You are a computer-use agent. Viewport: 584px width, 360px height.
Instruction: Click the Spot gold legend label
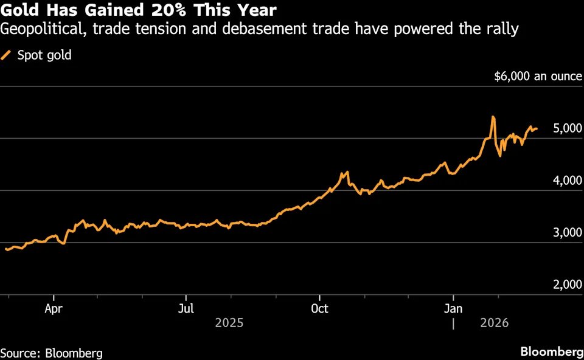(44, 55)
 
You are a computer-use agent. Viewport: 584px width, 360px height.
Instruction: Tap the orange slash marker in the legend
(7, 55)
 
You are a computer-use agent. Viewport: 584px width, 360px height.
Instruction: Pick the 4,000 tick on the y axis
(560, 181)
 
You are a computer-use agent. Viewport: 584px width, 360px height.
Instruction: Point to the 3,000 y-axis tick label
(560, 233)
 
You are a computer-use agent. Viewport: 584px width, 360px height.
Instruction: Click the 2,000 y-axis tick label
(560, 285)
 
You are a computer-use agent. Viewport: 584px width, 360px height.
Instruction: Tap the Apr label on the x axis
(54, 308)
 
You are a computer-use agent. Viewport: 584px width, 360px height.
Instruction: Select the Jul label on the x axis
(186, 308)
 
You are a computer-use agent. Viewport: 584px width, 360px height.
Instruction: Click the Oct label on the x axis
(319, 308)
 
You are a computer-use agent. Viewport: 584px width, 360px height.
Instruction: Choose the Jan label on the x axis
(453, 308)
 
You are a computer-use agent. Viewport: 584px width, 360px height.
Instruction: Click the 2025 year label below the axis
(229, 322)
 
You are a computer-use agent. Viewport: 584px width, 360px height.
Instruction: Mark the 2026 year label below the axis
(495, 322)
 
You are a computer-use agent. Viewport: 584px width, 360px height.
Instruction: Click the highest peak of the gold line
(492, 117)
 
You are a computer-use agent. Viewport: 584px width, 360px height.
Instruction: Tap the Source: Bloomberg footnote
(51, 353)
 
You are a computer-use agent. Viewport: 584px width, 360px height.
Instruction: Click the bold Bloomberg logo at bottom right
(551, 352)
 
